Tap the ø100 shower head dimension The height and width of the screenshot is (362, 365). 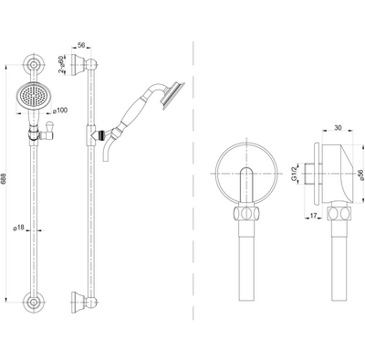[x=60, y=111]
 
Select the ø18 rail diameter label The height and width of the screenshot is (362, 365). [x=19, y=228]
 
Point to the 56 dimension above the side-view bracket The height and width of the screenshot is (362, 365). [x=81, y=45]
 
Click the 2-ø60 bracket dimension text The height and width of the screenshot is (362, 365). [x=62, y=64]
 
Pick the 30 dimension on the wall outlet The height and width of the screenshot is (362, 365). [x=338, y=128]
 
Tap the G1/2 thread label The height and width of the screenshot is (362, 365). [x=294, y=175]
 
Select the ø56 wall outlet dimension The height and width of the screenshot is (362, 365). [x=361, y=176]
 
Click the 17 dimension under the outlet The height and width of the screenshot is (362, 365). [x=313, y=216]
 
